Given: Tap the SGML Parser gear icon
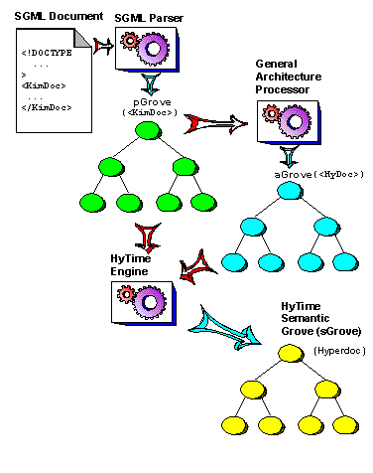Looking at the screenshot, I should click(146, 47).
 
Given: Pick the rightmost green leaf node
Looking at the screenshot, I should click(203, 202).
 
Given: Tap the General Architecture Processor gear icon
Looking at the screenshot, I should click(287, 122).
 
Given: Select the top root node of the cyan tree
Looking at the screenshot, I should click(289, 192).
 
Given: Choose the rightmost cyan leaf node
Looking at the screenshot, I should click(345, 262).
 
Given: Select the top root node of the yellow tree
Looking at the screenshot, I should click(291, 353).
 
